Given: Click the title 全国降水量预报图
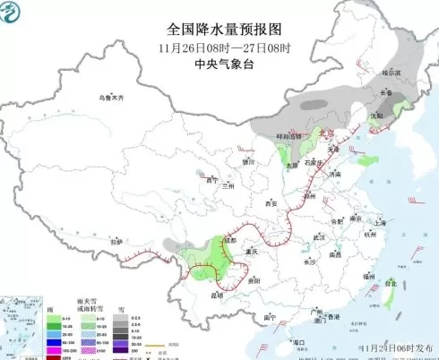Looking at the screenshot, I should pyautogui.click(x=219, y=30).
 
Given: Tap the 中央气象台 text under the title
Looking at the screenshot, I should pyautogui.click(x=219, y=62).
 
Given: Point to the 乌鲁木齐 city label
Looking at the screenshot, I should pyautogui.click(x=113, y=96).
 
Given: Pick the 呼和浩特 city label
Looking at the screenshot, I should pyautogui.click(x=286, y=135).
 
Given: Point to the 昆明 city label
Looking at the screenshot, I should pyautogui.click(x=215, y=294).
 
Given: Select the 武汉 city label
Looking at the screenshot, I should pyautogui.click(x=318, y=237).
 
